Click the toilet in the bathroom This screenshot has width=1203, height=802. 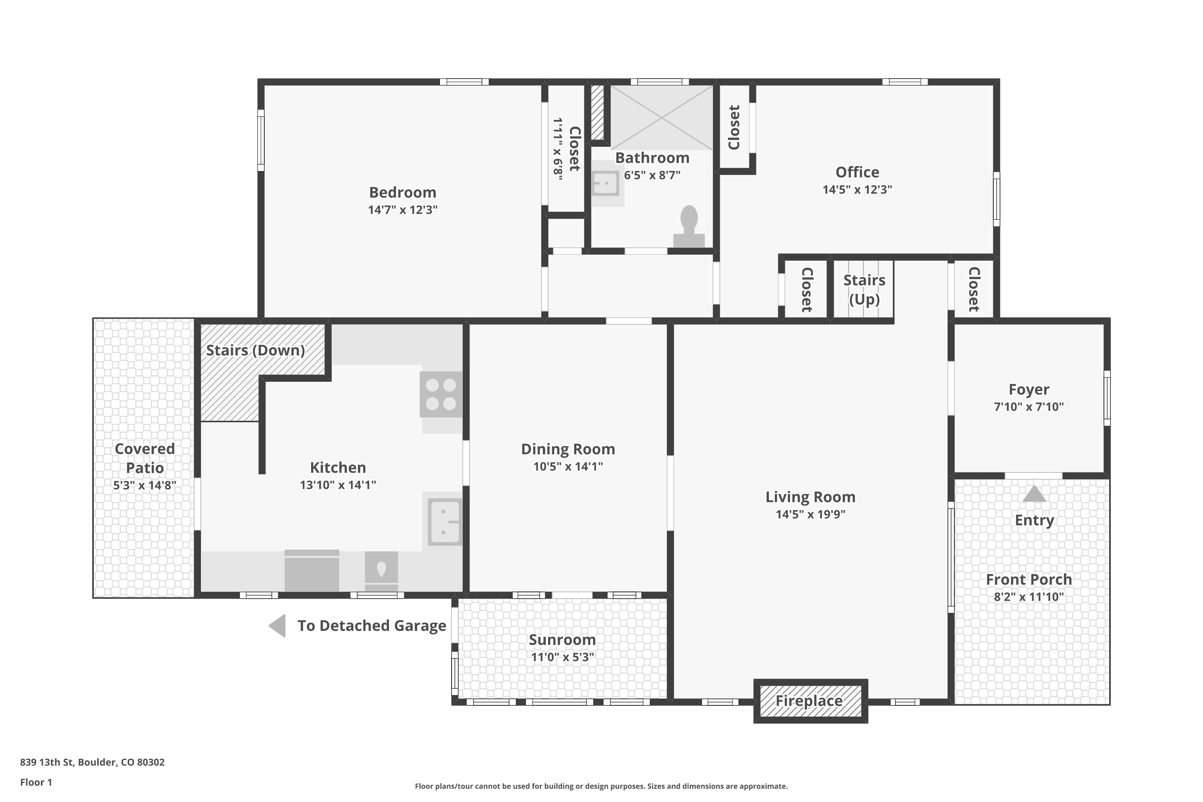[689, 225]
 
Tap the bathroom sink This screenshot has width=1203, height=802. [606, 183]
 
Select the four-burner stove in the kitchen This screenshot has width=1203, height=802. [441, 394]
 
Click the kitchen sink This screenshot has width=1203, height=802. [444, 522]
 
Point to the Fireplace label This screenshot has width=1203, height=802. [809, 701]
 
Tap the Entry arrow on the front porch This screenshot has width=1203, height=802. [1034, 494]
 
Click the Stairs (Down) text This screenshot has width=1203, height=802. [255, 350]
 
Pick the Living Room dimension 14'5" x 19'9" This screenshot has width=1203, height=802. [810, 514]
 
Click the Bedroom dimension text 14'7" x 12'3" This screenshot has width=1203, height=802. [403, 210]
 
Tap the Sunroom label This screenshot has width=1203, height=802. [562, 640]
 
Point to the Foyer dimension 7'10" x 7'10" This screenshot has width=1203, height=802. [1029, 407]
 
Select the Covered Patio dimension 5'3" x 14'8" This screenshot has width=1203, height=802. [145, 485]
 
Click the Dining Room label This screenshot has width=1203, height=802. [568, 449]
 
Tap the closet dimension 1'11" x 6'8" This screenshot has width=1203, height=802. [557, 149]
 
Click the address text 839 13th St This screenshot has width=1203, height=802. [92, 762]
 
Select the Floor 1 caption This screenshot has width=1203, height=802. [36, 782]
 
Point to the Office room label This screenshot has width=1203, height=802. [857, 172]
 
